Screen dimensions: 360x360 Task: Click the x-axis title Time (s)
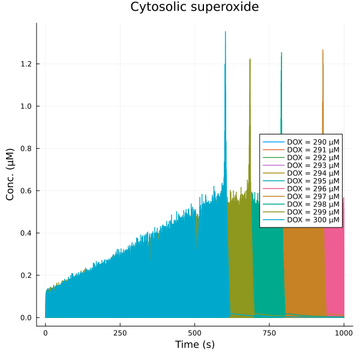coord(194,345)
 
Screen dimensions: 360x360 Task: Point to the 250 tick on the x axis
coord(120,331)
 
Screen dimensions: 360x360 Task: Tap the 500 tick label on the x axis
coord(194,331)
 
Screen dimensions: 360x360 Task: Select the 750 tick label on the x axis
coord(269,331)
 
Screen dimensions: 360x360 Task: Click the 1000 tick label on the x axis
coord(344,331)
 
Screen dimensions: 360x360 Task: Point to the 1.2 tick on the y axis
coord(27,64)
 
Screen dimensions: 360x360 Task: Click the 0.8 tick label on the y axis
coord(27,148)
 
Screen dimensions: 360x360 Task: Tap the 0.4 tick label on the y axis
coord(27,233)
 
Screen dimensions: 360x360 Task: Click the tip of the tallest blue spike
coord(226,32)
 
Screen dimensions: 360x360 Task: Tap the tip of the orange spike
coord(323,50)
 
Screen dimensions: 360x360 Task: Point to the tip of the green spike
coord(281,53)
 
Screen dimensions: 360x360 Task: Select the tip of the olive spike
coord(250,59)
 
